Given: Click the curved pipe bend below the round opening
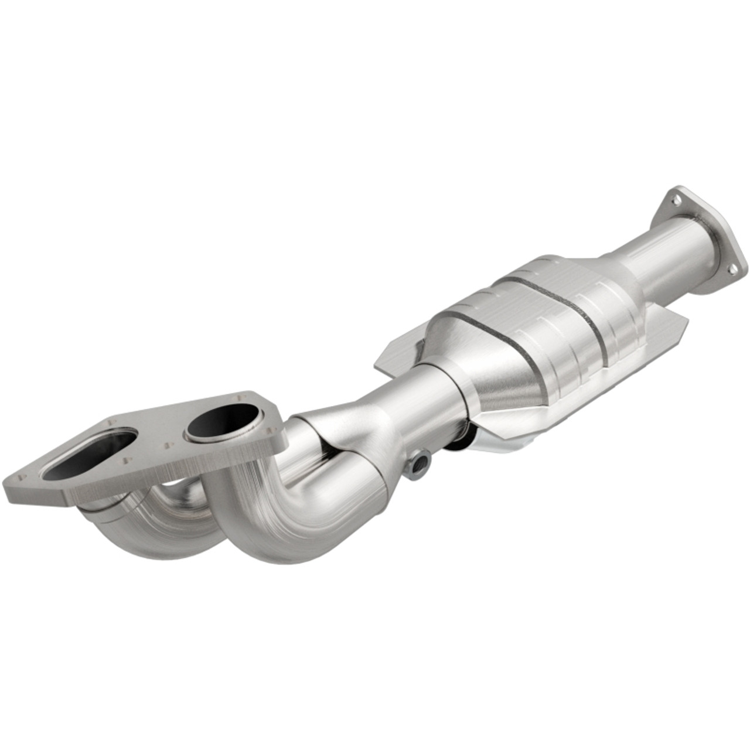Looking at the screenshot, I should [x=275, y=516].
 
